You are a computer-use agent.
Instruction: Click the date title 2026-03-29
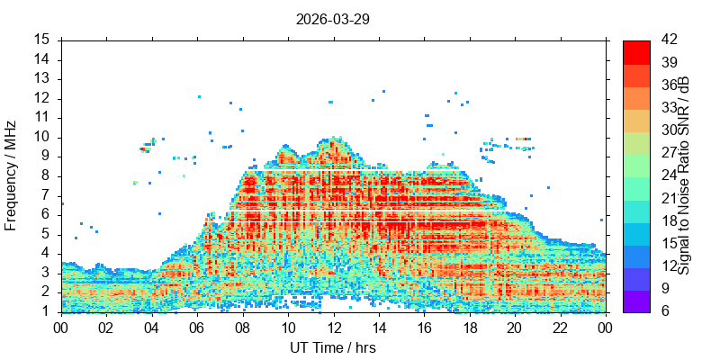tap(332, 20)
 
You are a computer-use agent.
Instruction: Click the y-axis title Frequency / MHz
tap(11, 175)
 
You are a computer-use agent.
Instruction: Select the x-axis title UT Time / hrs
tap(333, 347)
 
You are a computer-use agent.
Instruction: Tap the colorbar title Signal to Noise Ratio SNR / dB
tap(684, 175)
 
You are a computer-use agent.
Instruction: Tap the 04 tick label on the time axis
tap(151, 328)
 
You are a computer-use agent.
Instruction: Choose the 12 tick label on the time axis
tap(333, 328)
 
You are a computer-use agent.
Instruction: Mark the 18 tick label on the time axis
tap(470, 328)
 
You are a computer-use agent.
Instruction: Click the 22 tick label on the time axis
tap(561, 328)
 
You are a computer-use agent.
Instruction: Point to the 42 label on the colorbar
tap(668, 40)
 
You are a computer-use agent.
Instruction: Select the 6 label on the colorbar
tap(664, 311)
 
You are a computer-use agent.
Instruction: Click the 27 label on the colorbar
tap(668, 153)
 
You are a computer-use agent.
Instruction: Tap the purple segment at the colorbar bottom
tap(636, 301)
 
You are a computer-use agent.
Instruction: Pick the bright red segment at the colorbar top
tap(636, 52)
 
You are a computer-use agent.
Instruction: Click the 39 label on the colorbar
tap(668, 62)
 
